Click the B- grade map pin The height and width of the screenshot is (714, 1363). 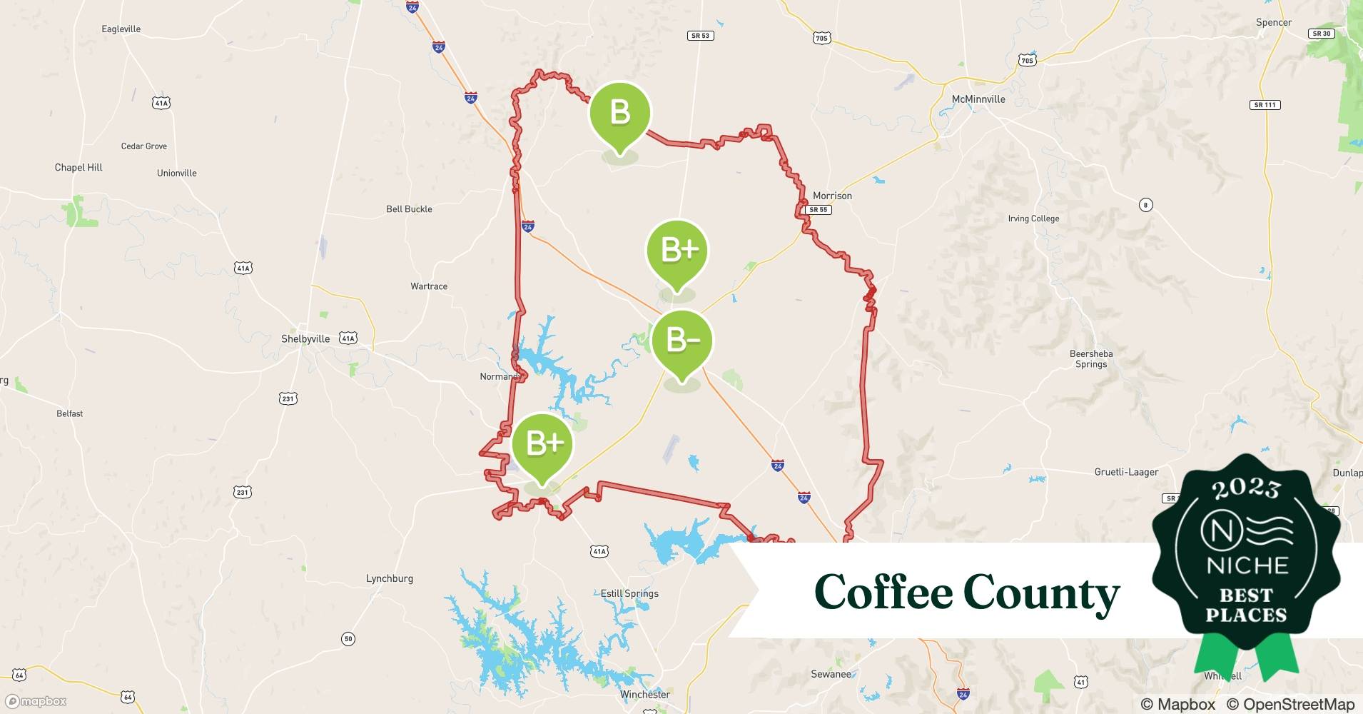(681, 341)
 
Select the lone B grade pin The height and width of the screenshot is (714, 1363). (619, 113)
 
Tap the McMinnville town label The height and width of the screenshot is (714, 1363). (978, 99)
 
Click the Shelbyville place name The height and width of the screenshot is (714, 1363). (305, 338)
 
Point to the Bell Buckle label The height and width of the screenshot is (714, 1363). (409, 209)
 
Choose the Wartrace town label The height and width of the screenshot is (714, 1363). (429, 286)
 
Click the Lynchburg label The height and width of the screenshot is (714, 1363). (390, 578)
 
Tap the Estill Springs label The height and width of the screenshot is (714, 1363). (629, 593)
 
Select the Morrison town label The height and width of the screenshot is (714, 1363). (832, 196)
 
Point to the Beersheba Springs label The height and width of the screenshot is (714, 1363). (1091, 358)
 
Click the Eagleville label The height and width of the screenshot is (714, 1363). (121, 29)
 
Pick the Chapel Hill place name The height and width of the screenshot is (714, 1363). (78, 168)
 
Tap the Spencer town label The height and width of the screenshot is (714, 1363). (1274, 23)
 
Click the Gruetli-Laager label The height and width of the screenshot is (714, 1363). (1126, 472)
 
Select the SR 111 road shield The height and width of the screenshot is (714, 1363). (1265, 105)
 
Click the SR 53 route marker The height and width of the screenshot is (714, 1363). (700, 36)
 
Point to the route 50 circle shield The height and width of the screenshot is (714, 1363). (348, 638)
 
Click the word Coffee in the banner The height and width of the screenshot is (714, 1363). (883, 593)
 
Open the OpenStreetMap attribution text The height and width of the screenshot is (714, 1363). (1290, 704)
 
